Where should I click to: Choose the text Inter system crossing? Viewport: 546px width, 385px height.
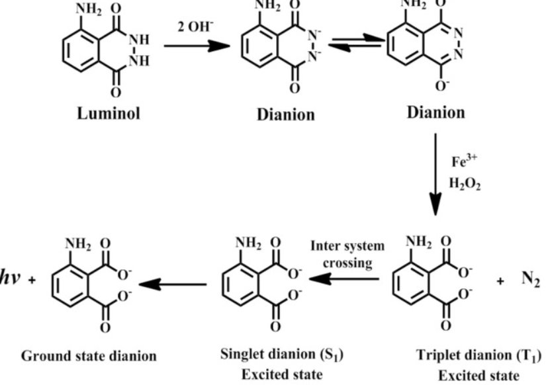click(x=347, y=253)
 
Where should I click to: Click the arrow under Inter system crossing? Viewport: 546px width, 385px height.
click(x=343, y=279)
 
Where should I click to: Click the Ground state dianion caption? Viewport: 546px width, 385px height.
click(x=90, y=356)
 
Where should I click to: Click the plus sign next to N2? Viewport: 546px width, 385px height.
click(x=501, y=281)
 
